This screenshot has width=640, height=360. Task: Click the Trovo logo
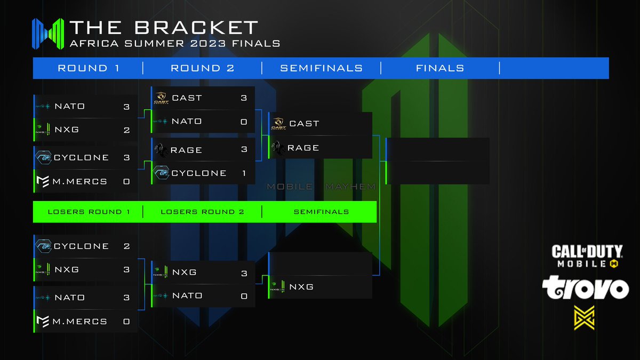coord(586,289)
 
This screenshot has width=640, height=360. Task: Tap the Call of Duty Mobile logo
coord(587,255)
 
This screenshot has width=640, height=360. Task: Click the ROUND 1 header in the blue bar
coord(89,68)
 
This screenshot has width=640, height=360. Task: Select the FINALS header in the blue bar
coord(440,68)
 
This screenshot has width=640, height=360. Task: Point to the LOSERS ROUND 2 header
coord(203,212)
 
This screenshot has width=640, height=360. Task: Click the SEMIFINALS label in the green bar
coord(321,212)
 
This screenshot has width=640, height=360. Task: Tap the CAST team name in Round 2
coord(187,98)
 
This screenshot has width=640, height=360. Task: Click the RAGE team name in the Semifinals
coord(303,148)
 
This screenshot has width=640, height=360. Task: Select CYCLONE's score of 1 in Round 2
coord(244,173)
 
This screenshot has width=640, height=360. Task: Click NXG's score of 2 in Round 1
coord(127,130)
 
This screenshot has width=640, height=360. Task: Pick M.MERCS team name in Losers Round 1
coord(79,322)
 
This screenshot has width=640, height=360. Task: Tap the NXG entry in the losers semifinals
coord(301,287)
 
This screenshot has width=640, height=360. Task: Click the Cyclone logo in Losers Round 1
coord(43,246)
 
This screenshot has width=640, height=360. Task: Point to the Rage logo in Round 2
coord(161,150)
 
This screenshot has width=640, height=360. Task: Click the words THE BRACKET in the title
coord(164,28)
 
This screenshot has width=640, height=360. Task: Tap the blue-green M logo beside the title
coord(48,34)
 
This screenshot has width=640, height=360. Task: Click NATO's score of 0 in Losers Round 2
coord(244,296)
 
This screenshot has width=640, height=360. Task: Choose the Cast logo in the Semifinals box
coord(278,124)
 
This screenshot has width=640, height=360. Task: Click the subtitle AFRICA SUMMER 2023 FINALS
coord(175,43)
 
